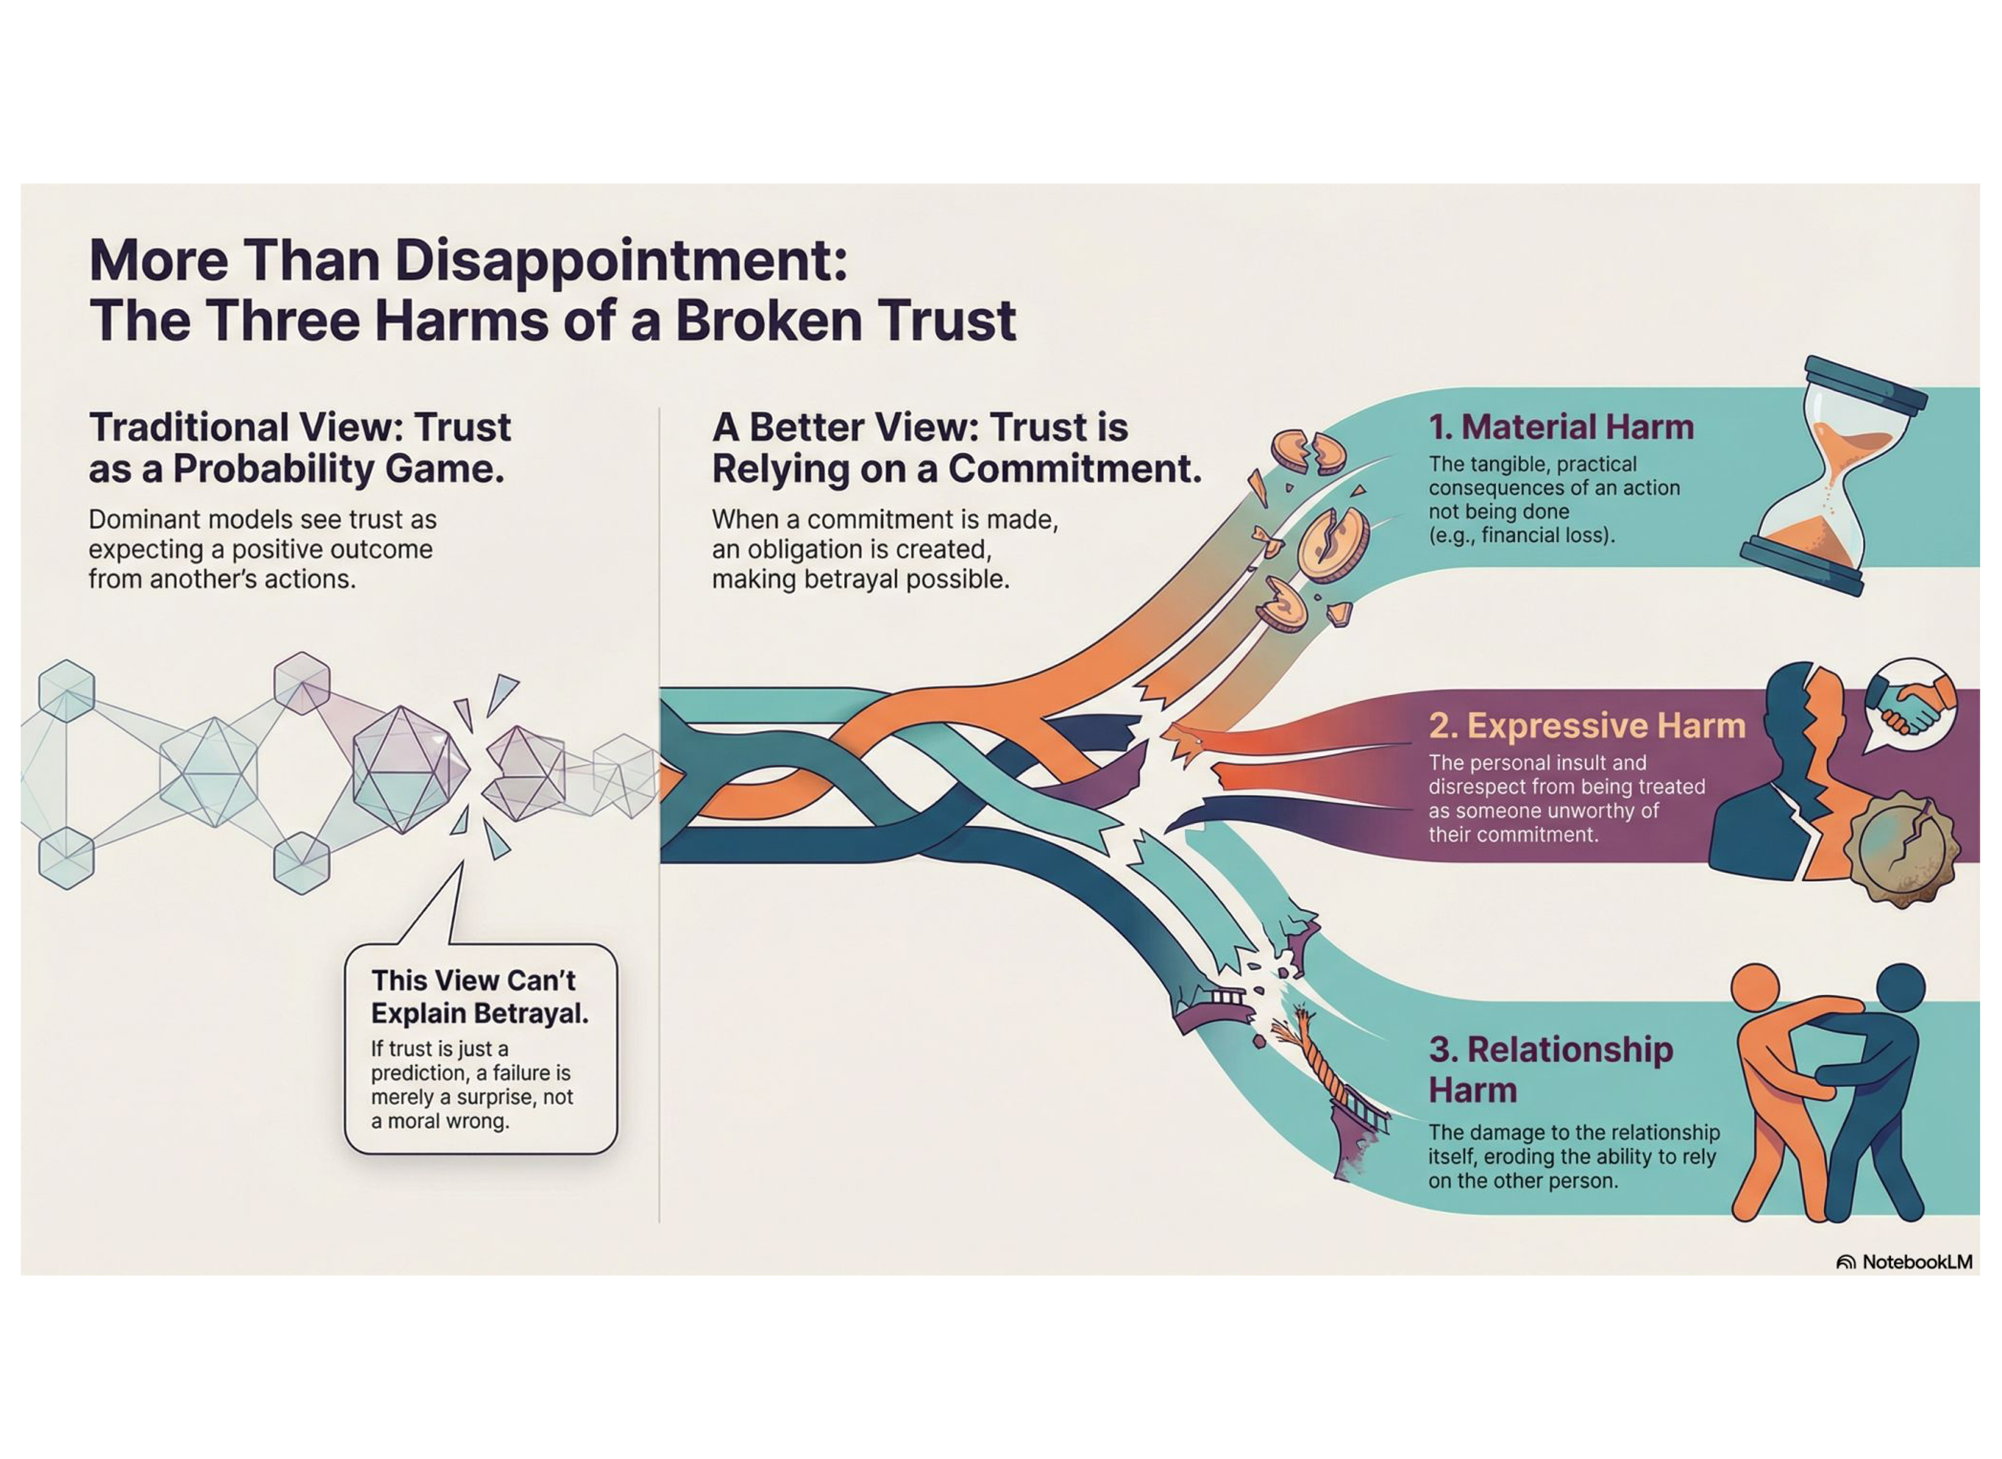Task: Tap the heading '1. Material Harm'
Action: point(1561,427)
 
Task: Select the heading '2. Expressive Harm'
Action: point(1586,726)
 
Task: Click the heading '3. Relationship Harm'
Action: point(1550,1069)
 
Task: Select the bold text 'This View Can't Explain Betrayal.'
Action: point(480,996)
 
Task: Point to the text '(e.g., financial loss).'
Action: point(1521,535)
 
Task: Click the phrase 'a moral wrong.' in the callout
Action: point(440,1121)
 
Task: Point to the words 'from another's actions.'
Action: point(221,579)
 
